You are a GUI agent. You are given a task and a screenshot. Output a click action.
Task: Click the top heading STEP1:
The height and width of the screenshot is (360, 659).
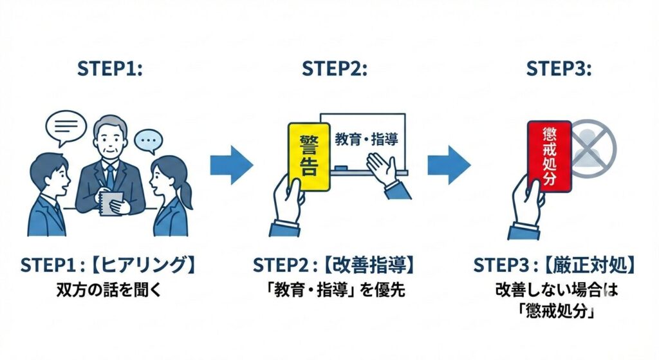click(110, 68)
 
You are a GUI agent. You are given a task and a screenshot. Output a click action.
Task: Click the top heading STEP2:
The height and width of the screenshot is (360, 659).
click(335, 68)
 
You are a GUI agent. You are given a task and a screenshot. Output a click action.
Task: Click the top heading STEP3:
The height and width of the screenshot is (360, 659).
click(559, 68)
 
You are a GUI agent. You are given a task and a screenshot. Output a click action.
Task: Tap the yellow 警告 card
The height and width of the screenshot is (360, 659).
click(309, 156)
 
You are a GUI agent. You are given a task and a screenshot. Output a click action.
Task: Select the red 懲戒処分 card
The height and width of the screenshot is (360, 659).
click(550, 156)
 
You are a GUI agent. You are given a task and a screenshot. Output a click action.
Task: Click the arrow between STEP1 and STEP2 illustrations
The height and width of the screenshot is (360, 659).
click(232, 165)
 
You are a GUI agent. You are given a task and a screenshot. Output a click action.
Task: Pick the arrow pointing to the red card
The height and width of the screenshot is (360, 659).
click(449, 165)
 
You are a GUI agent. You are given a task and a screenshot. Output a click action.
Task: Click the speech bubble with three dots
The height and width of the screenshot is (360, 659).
click(149, 141)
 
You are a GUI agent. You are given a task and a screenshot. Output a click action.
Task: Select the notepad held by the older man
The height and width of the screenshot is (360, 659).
click(112, 204)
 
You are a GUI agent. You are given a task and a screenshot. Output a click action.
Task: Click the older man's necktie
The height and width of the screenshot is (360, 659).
click(109, 177)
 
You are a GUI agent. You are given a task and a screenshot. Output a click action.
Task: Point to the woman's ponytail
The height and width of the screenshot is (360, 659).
click(185, 196)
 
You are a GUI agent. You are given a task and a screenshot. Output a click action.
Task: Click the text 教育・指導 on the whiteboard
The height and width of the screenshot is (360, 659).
click(366, 139)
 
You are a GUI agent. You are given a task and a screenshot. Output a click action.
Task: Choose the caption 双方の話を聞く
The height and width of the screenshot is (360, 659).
click(109, 290)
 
